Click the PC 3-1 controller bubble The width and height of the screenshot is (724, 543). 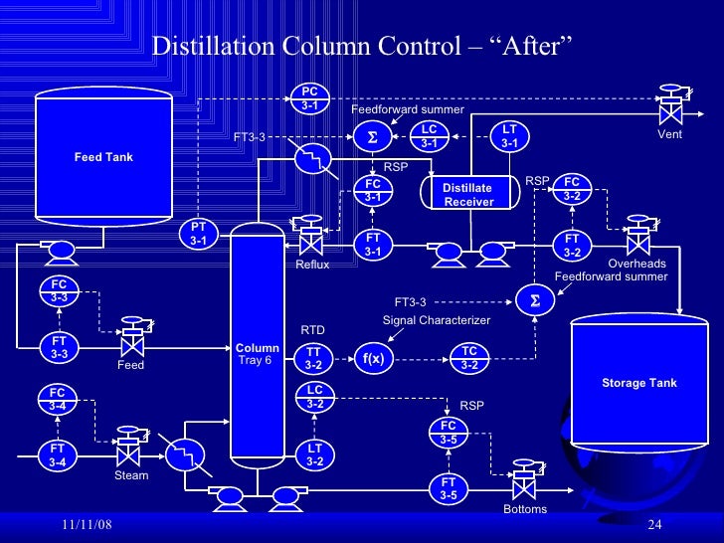pos(310,98)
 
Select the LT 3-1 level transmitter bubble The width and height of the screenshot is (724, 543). pos(510,136)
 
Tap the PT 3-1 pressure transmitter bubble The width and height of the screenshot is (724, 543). pos(198,234)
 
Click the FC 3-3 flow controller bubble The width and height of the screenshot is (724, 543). pos(60,290)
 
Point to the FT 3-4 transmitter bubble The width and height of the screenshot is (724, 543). pos(58,455)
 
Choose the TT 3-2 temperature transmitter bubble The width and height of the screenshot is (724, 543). pos(313,359)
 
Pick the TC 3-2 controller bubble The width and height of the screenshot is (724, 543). pos(469,358)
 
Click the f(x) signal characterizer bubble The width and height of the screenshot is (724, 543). pos(373,358)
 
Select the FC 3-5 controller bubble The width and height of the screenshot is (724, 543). pos(449,433)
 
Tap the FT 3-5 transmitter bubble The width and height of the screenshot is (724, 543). pos(449,487)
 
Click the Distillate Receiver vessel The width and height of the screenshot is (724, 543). pos(468,194)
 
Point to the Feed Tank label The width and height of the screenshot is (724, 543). pos(103,157)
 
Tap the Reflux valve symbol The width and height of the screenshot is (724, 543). pos(311,239)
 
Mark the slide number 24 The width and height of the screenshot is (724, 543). pos(654,524)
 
